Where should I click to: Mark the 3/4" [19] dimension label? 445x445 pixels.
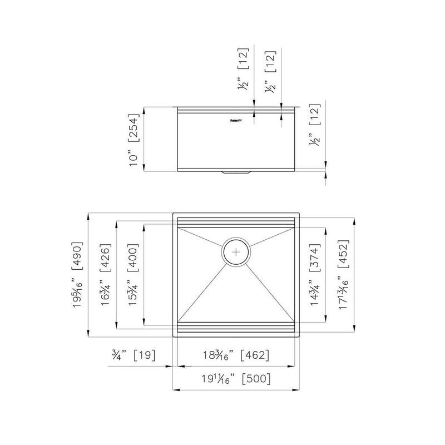coord(132,354)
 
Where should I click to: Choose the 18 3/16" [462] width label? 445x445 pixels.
coord(236,354)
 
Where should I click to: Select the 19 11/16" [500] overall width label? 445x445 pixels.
coord(236,379)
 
